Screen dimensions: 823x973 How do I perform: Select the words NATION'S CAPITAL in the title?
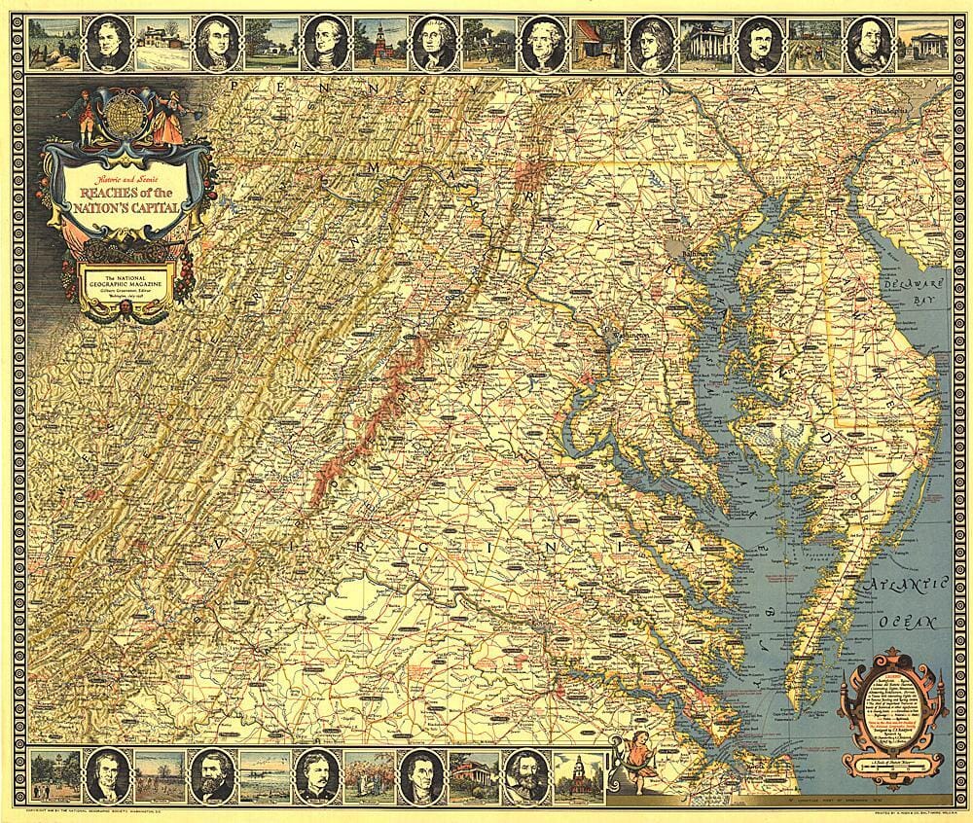click(x=136, y=205)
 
